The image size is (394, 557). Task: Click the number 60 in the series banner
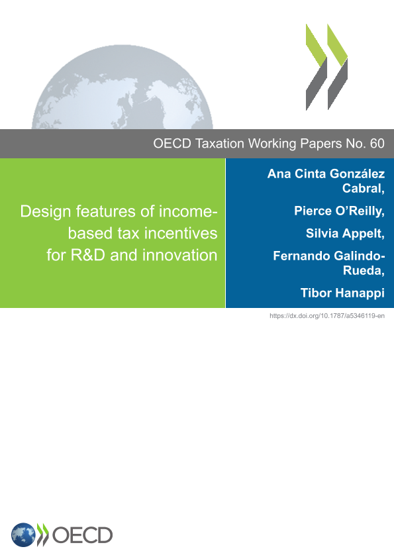[377, 144]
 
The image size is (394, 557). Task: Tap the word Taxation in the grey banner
[220, 144]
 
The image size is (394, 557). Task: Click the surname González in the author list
[357, 174]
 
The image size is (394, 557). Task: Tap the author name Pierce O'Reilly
[339, 211]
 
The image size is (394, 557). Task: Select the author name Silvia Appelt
[345, 233]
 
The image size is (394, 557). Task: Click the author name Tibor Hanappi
[342, 293]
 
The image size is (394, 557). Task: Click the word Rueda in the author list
[362, 271]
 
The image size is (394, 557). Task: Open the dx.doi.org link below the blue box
[327, 316]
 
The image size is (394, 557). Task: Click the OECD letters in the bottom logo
[82, 535]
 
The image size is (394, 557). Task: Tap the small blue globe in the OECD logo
[23, 535]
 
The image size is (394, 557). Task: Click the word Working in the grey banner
[272, 144]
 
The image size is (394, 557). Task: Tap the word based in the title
[90, 233]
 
